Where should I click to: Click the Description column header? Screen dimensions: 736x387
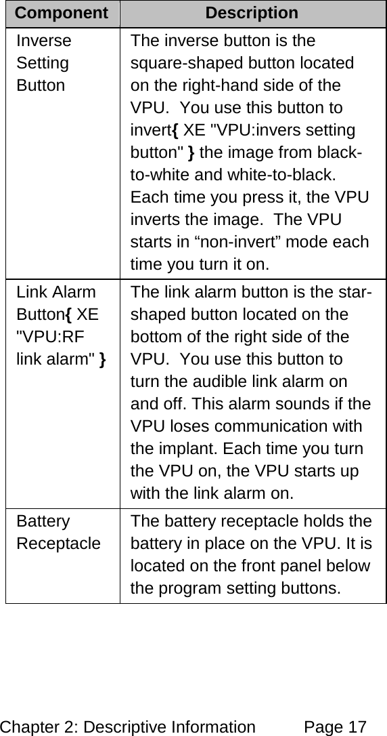click(x=252, y=13)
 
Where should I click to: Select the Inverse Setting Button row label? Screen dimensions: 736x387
click(x=44, y=63)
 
